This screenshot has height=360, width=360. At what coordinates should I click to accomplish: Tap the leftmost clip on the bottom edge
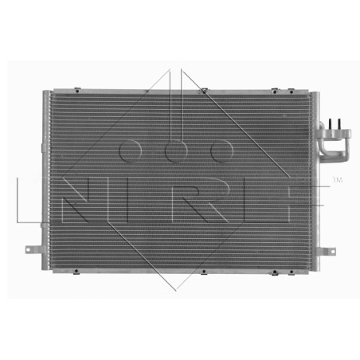click(x=76, y=272)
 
